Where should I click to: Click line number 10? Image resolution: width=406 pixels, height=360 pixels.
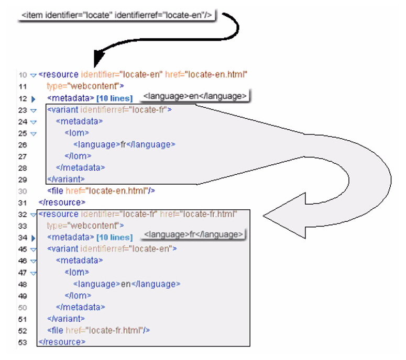click(22, 75)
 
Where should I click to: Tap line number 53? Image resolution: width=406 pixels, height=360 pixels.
click(22, 342)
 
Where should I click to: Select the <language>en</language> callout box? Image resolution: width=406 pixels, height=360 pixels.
click(195, 96)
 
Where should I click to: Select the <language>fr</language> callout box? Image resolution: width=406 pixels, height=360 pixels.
click(194, 234)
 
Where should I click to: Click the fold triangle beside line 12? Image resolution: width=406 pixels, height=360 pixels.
click(32, 98)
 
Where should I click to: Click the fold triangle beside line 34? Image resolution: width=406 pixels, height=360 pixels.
click(32, 238)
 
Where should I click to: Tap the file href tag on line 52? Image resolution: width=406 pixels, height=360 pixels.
click(99, 330)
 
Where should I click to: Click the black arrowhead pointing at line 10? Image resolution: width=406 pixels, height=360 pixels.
click(100, 58)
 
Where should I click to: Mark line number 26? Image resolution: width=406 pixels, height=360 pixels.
click(22, 144)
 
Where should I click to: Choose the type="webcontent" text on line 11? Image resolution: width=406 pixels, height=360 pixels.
click(85, 86)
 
